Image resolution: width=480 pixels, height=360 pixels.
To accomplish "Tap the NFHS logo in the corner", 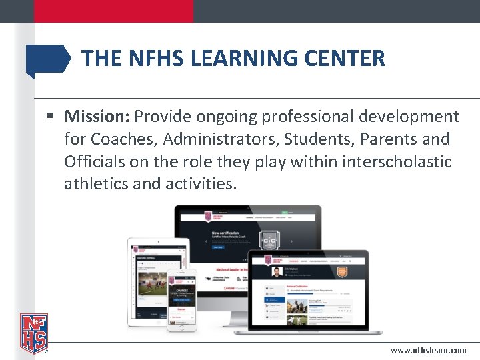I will (x=33, y=333).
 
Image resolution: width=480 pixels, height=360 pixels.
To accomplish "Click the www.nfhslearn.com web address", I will (x=429, y=350).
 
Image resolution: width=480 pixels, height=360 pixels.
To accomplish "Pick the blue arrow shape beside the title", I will (x=47, y=59).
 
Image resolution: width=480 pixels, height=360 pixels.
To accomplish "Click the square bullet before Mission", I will (x=51, y=117).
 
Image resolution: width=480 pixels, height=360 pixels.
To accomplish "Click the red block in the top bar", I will (x=113, y=11).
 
